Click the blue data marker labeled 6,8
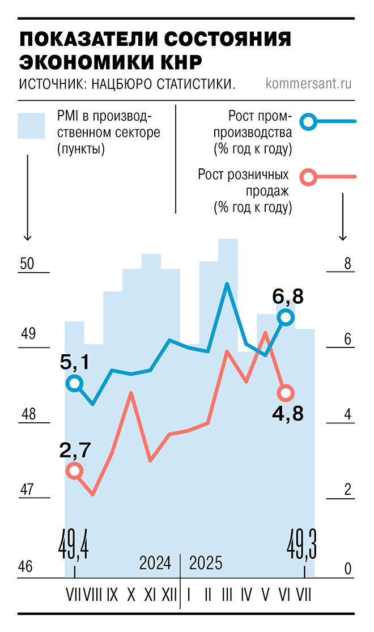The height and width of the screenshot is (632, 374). pos(286,317)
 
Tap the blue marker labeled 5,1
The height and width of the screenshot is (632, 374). pos(74,384)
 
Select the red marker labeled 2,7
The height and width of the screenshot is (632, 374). pos(74,470)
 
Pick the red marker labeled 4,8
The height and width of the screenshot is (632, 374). pos(286,392)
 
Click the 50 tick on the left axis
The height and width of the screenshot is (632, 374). pos(27,264)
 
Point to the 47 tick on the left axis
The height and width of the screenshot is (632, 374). pos(27,489)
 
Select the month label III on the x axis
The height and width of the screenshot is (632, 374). pos(227,595)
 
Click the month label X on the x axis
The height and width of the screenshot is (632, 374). pos(131,595)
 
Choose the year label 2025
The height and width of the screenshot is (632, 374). pos(206,564)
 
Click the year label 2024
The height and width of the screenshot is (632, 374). pos(155,564)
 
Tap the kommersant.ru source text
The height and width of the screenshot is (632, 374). pos(309,84)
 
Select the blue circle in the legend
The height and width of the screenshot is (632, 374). pos(309,121)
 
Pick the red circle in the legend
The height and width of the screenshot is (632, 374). pos(309,177)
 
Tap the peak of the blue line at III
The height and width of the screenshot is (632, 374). pos(227,284)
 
